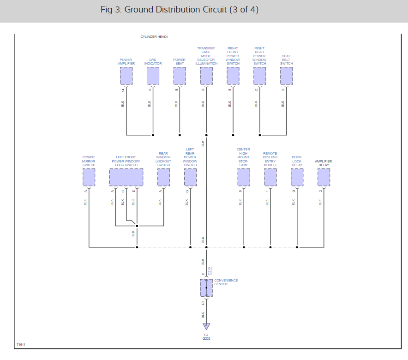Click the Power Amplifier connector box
click(126, 76)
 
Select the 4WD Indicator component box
click(153, 76)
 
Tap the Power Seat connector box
click(180, 76)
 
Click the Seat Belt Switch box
click(287, 76)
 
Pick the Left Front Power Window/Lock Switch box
click(126, 177)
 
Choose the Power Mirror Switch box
click(89, 177)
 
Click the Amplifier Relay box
click(324, 177)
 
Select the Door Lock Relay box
click(297, 177)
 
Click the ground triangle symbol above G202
click(206, 326)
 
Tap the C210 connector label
click(210, 271)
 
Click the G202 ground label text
click(206, 339)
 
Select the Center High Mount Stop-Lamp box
click(244, 177)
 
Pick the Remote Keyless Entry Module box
click(270, 177)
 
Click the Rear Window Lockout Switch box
click(164, 177)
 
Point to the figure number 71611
click(21, 345)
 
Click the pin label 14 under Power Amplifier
click(123, 90)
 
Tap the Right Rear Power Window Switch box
click(260, 76)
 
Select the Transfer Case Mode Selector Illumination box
click(206, 76)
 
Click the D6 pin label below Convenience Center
click(203, 303)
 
